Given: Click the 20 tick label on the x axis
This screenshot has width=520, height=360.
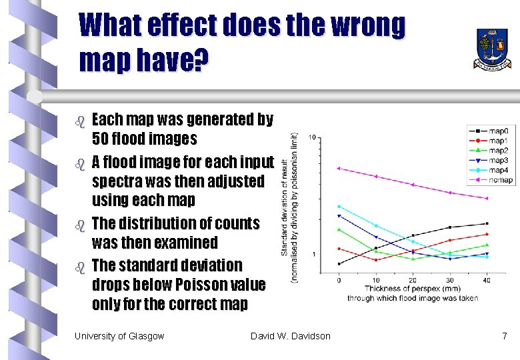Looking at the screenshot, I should tap(413, 279).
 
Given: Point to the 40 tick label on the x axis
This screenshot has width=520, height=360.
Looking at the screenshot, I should tap(487, 279).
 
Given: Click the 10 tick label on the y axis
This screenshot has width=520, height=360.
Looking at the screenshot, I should tap(312, 138).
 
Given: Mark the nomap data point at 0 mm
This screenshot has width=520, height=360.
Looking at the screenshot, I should tap(339, 168).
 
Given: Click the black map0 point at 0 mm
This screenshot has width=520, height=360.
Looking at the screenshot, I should tap(339, 264).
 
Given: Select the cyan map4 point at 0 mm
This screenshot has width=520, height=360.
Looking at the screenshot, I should tap(339, 207).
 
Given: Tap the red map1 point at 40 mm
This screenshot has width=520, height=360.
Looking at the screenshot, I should tap(487, 234).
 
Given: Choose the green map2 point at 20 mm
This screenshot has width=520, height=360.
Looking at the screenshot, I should tap(413, 259).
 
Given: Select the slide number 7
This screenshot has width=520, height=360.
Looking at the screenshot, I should tap(505, 336).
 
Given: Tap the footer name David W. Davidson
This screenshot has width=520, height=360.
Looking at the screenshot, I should tap(290, 336).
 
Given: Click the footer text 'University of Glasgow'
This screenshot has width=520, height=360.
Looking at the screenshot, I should tap(119, 336).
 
